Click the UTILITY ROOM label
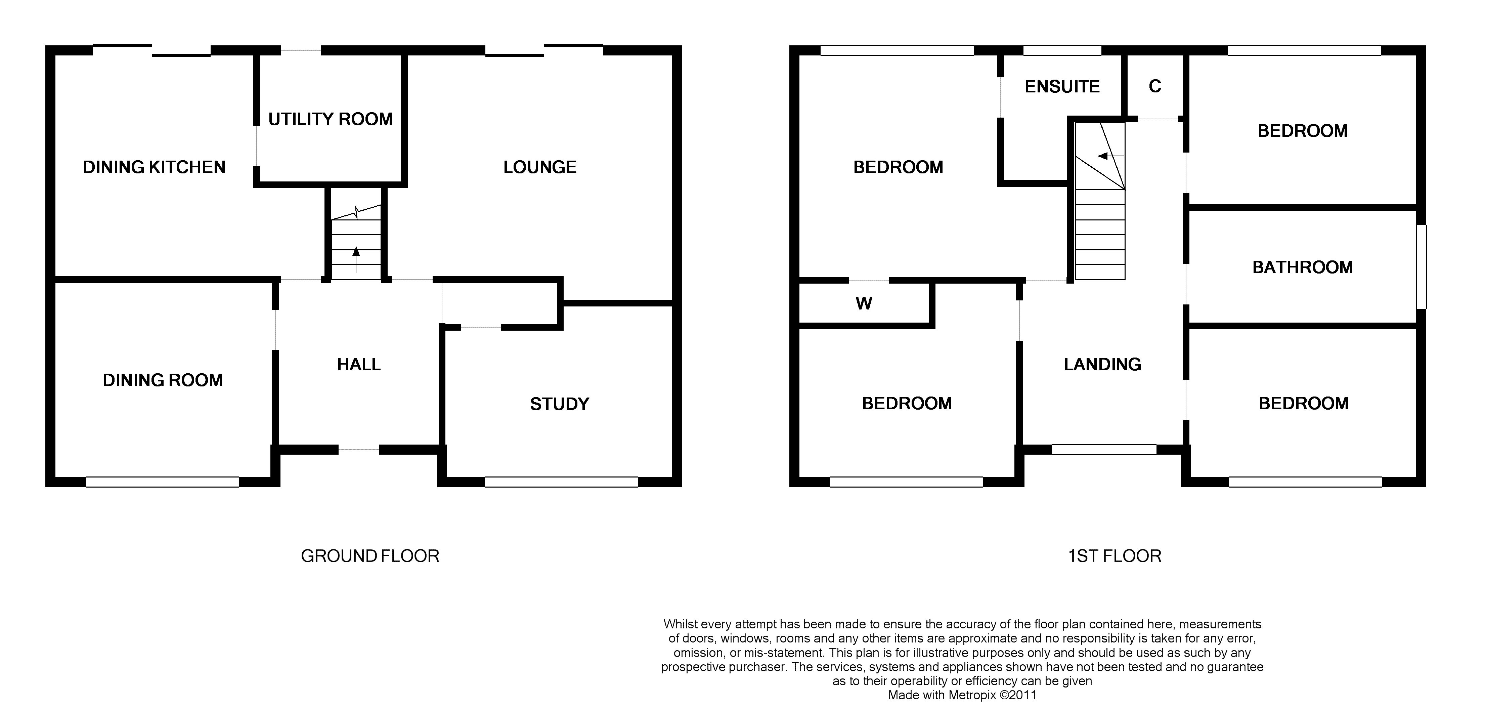330,119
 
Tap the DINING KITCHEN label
154,167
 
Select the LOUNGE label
539,167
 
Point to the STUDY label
559,404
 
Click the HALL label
358,365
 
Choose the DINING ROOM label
163,380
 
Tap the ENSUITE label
1062,86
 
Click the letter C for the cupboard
1155,86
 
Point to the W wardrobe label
864,303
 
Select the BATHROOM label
1302,267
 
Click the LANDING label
1102,365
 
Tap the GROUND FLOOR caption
370,556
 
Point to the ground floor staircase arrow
356,259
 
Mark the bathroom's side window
1422,266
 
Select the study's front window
562,482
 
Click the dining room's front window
163,482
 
